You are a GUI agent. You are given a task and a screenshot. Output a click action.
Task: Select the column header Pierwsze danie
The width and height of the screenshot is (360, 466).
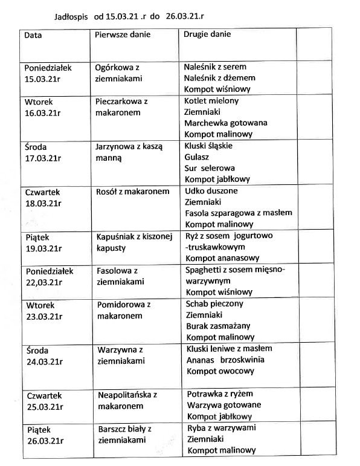(123, 34)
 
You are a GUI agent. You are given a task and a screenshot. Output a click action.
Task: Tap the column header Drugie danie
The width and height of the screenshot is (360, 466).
(207, 34)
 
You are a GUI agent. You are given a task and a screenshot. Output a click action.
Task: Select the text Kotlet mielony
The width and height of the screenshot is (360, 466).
(211, 101)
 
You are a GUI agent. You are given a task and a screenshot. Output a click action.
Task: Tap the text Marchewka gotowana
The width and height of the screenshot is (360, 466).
(226, 123)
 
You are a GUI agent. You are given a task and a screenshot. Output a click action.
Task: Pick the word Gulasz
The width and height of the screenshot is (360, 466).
(197, 157)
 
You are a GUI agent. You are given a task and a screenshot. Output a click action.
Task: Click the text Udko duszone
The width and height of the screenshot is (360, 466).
(211, 191)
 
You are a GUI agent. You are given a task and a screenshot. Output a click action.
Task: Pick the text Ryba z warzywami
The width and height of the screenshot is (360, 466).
(222, 428)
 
